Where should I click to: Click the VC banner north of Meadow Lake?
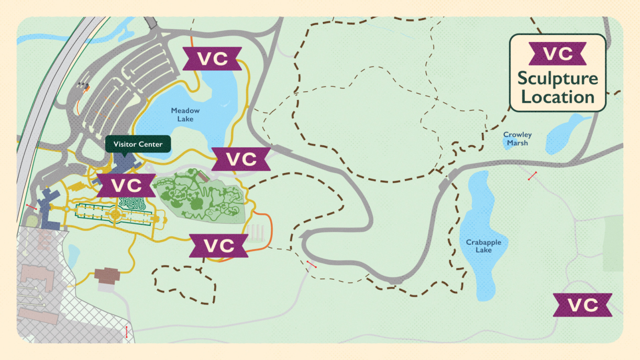(212, 58)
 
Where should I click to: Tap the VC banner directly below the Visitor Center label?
(127, 185)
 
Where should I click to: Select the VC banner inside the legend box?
(557, 54)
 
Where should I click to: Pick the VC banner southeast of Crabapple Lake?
(583, 305)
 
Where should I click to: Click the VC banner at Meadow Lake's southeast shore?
(241, 159)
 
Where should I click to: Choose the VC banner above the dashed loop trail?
(218, 246)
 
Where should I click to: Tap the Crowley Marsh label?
(517, 139)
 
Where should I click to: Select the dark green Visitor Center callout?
(138, 144)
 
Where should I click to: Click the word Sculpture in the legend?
(558, 79)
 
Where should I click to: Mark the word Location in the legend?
(558, 97)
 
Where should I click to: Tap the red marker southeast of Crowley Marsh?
(533, 176)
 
